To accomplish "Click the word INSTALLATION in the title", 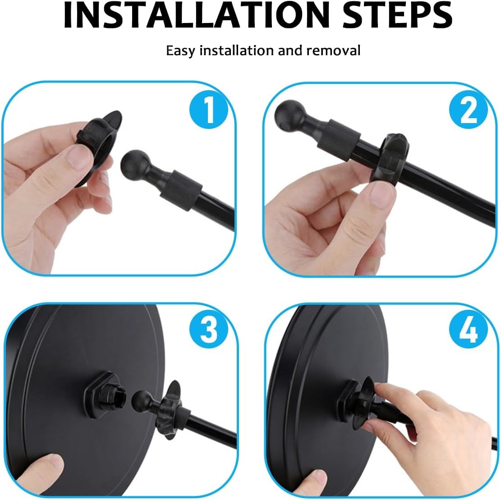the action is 196,15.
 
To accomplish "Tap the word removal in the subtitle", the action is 333,50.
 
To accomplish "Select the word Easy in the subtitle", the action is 181,51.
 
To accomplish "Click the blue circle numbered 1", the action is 208,110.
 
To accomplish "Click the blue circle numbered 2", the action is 468,110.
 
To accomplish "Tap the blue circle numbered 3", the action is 208,330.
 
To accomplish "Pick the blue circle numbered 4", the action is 468,330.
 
